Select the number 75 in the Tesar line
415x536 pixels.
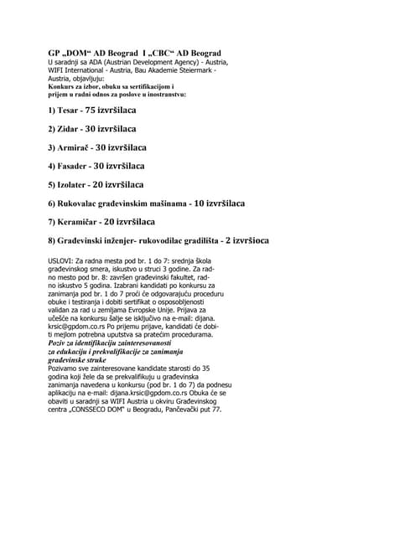pos(92,111)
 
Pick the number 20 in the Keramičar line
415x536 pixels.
pos(109,222)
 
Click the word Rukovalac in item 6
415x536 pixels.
pos(80,204)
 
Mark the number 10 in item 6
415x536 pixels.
pos(200,204)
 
